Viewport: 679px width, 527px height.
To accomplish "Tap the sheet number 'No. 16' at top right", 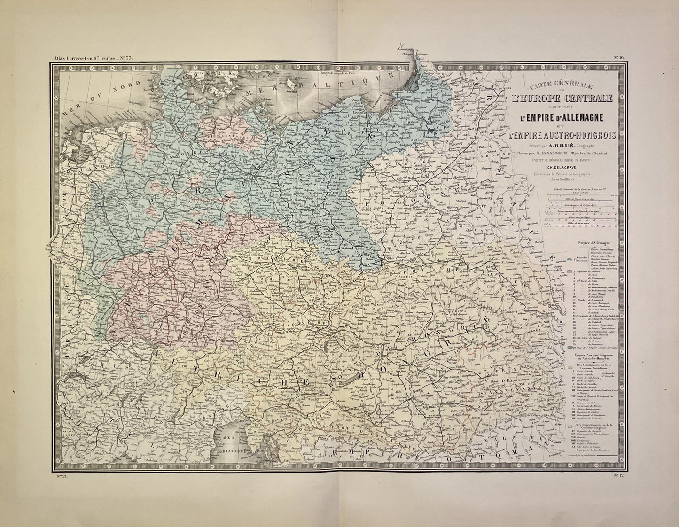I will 617,58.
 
